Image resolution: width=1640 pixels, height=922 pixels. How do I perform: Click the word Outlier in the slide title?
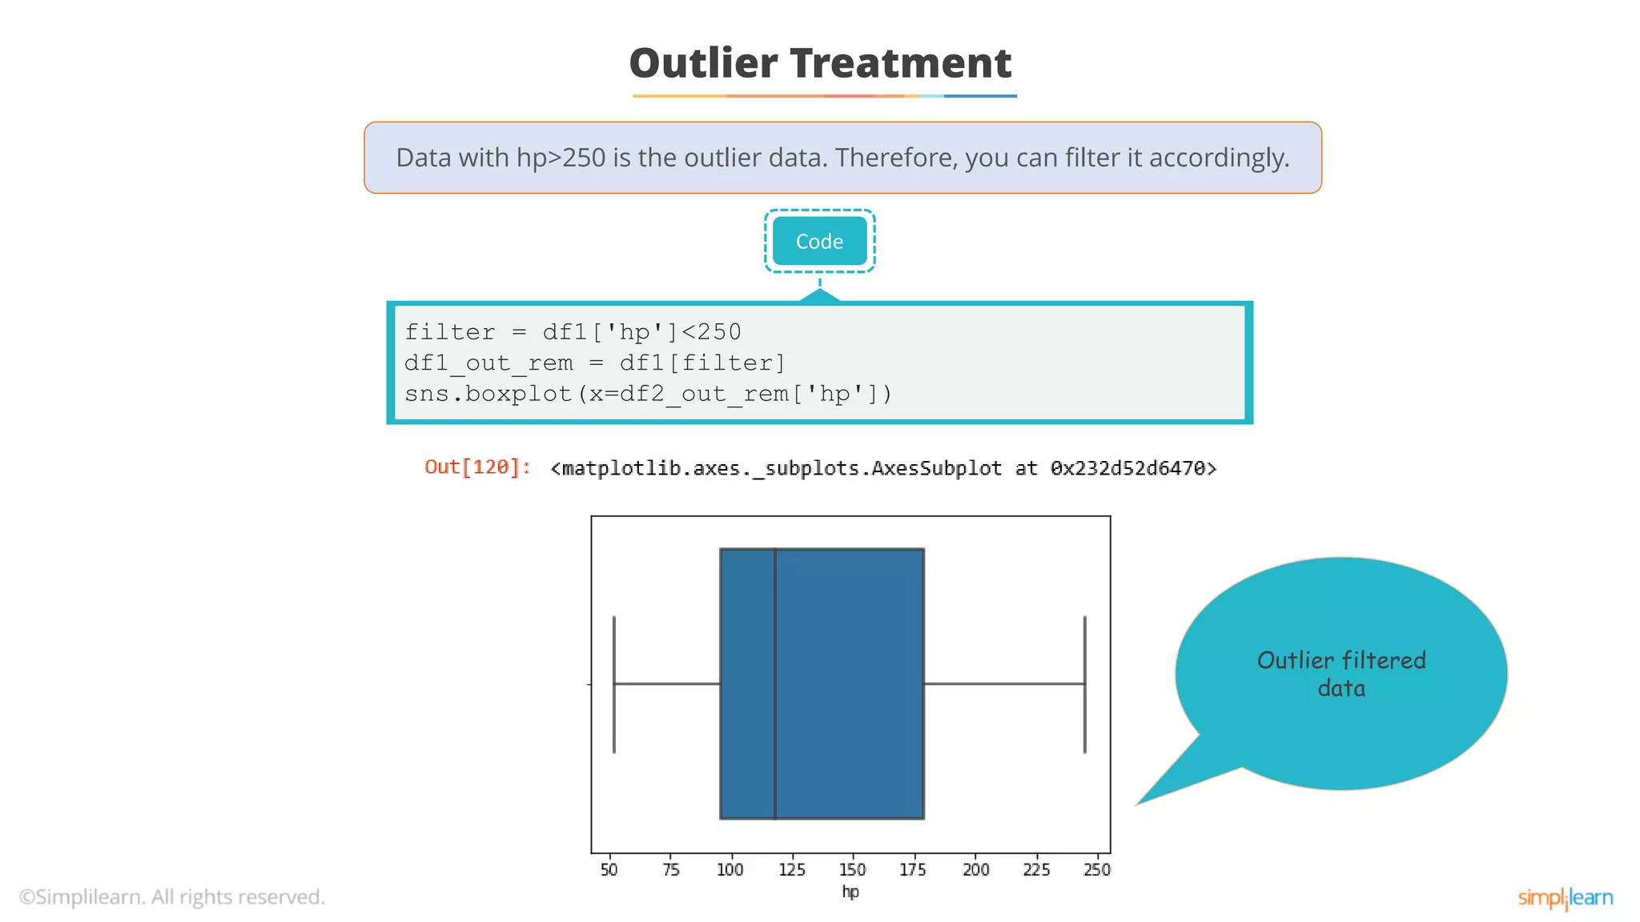[x=703, y=63]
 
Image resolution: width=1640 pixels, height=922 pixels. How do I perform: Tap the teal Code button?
[x=819, y=241]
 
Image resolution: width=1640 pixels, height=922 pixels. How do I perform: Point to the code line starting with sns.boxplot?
[x=648, y=394]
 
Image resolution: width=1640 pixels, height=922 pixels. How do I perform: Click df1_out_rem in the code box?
[x=488, y=363]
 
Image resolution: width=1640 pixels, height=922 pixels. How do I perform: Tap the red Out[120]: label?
[x=477, y=467]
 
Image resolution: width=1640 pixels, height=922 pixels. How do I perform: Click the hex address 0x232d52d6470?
[x=1133, y=468]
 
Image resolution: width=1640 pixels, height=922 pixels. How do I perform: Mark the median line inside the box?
[x=775, y=683]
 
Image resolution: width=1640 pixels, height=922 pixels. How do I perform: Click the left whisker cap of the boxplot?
[x=614, y=684]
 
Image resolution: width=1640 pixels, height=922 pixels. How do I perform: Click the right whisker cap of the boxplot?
[x=1085, y=684]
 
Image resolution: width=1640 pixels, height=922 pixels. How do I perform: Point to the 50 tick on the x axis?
[x=609, y=869]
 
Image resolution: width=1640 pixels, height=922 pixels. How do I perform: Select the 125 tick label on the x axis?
[x=792, y=869]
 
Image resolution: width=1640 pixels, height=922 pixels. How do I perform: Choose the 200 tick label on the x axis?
[x=975, y=869]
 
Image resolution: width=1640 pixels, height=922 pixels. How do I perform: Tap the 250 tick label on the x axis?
[x=1097, y=869]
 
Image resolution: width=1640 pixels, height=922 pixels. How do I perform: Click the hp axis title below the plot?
[x=850, y=892]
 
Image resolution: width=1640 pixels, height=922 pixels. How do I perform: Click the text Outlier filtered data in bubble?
[x=1341, y=674]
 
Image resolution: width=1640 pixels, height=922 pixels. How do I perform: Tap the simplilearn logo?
[x=1565, y=898]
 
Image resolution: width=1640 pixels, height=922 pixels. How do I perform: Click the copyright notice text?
[x=172, y=897]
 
